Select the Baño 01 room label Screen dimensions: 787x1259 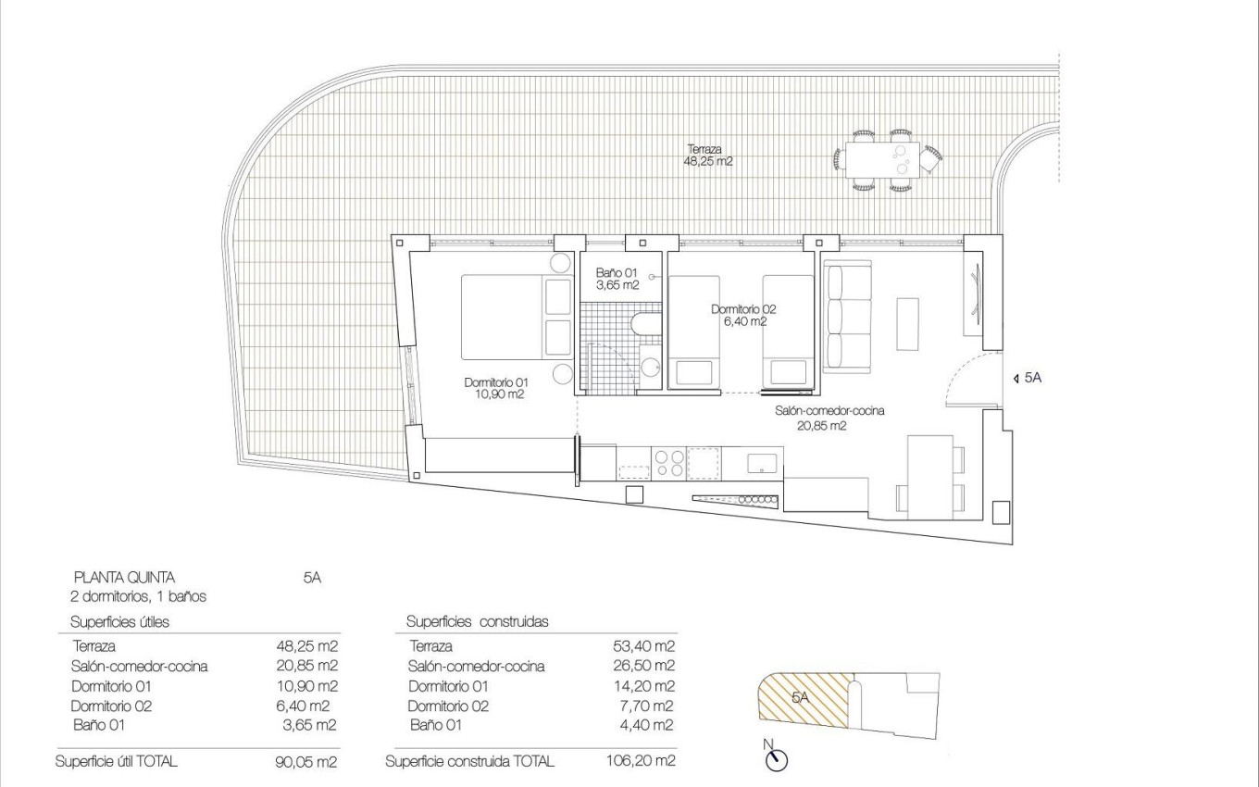pyautogui.click(x=617, y=279)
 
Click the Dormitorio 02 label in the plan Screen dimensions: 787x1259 pyautogui.click(x=743, y=315)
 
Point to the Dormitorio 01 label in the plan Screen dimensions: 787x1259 pyautogui.click(x=495, y=388)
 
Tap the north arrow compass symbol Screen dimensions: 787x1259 pyautogui.click(x=777, y=758)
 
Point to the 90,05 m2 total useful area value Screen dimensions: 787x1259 pyautogui.click(x=300, y=762)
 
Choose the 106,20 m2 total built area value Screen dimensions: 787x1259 pyautogui.click(x=638, y=762)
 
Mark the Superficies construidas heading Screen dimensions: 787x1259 pyautogui.click(x=477, y=621)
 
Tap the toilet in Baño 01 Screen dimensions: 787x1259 pyautogui.click(x=642, y=324)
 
